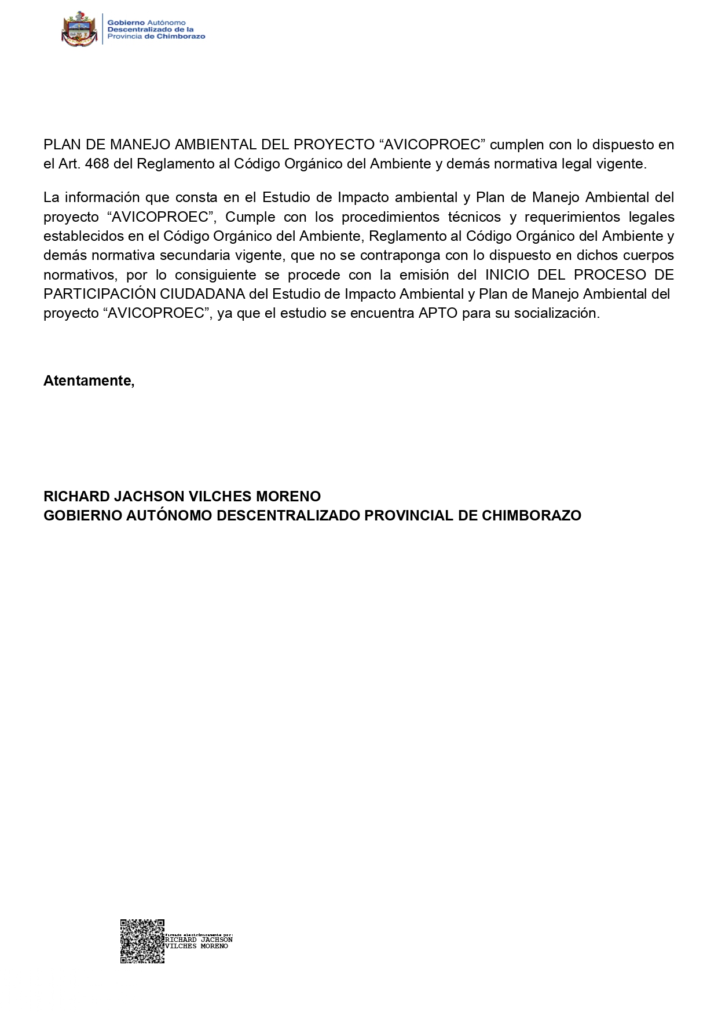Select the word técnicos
click(474, 217)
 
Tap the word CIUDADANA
click(203, 294)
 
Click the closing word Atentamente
click(89, 381)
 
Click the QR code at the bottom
click(142, 941)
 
